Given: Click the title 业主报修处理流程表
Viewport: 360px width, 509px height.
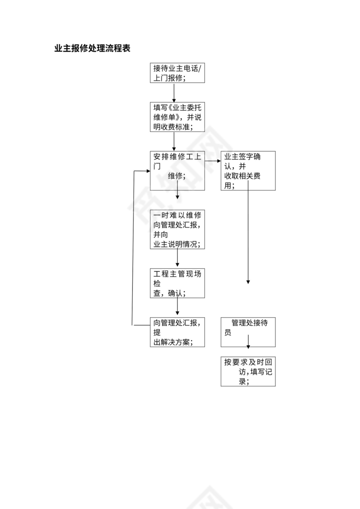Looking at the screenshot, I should [92, 49].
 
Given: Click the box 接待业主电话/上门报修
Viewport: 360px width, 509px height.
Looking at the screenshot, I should [177, 73].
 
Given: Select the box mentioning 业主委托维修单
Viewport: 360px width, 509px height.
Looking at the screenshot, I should [177, 117].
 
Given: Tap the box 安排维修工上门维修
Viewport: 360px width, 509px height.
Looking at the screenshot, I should [177, 170].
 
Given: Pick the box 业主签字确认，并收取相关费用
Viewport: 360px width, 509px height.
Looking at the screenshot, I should [248, 170].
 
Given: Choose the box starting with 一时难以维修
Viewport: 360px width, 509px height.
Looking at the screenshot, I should [177, 230].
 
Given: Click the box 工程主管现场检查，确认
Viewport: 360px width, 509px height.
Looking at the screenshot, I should [177, 283].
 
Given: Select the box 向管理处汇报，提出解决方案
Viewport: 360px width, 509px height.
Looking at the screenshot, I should [177, 332].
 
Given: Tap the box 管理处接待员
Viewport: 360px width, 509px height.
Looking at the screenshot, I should [248, 332].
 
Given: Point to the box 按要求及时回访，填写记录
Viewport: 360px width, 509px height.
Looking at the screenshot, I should [248, 371].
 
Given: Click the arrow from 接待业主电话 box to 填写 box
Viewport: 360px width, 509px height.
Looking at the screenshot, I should [174, 92].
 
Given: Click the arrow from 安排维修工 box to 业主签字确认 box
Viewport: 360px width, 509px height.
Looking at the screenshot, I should [213, 161].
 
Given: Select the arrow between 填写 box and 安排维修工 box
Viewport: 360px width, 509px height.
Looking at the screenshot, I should [174, 141].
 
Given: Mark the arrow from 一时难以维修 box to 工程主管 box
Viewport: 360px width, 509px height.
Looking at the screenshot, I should [177, 258].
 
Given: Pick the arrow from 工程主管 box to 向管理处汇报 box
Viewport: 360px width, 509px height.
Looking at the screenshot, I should [177, 307].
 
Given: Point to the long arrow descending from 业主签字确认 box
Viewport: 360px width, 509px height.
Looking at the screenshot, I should [248, 234].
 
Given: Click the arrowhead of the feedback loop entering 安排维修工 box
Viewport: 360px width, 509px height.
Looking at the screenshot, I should [147, 171].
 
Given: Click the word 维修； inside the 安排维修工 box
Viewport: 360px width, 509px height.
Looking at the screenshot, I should [177, 176].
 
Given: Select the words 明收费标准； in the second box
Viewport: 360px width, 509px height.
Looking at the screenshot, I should [173, 127].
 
